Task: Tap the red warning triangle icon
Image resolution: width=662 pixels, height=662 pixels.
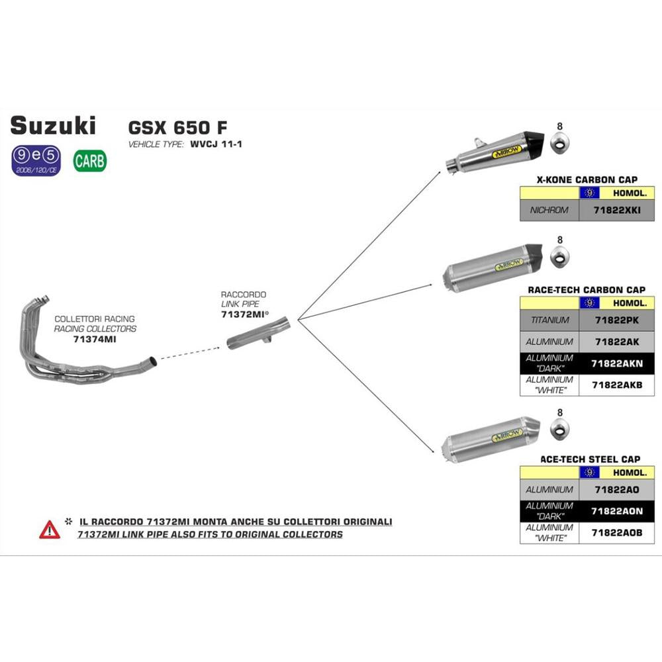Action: (x=49, y=529)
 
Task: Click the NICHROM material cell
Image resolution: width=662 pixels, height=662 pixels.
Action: (x=549, y=211)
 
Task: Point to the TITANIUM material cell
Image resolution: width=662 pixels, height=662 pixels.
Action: (x=549, y=320)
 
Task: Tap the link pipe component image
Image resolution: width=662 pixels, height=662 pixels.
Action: (x=255, y=338)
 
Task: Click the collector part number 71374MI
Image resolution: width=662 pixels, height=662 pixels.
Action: (x=95, y=338)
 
